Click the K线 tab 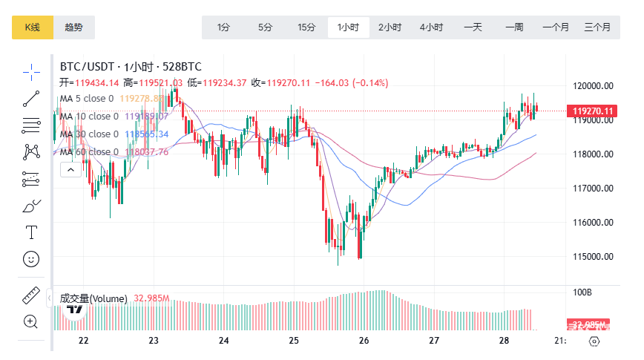[x=32, y=27]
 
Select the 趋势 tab [x=74, y=27]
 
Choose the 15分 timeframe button [x=306, y=27]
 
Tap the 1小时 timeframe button [x=348, y=27]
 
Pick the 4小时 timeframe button [x=431, y=27]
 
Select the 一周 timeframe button [x=514, y=27]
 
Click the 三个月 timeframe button [x=597, y=27]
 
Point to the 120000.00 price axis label [x=594, y=85]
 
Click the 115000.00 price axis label [x=594, y=257]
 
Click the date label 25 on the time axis [x=294, y=341]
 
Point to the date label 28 [x=505, y=341]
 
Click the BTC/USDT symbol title [x=88, y=67]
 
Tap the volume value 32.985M [x=152, y=298]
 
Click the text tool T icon [x=31, y=232]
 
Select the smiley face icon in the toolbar [x=31, y=259]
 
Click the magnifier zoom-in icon [x=31, y=321]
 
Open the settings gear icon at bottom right [x=594, y=341]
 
